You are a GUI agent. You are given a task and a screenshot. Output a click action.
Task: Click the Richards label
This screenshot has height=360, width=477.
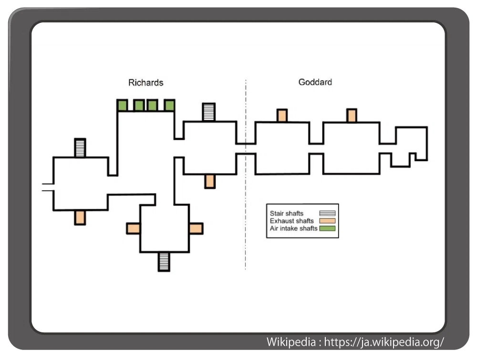(x=145, y=82)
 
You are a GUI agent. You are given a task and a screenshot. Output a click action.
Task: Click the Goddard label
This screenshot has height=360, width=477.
(x=315, y=82)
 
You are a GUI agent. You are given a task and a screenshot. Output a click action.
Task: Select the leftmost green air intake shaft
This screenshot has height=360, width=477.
(x=122, y=105)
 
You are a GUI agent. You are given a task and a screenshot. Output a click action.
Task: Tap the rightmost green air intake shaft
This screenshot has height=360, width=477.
(x=169, y=105)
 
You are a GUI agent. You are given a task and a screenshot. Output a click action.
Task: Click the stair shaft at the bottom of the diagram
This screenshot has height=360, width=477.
(x=164, y=262)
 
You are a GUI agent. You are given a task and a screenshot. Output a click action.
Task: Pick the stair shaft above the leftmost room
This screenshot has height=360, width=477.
(x=80, y=148)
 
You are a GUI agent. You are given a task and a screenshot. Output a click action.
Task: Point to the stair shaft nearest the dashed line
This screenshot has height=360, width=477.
(x=209, y=112)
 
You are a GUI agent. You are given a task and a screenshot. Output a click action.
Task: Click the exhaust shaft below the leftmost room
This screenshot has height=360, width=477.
(x=80, y=217)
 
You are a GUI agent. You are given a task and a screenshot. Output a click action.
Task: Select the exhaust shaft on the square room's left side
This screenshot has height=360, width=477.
(x=133, y=228)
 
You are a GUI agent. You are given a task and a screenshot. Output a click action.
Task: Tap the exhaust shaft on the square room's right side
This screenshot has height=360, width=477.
(x=196, y=228)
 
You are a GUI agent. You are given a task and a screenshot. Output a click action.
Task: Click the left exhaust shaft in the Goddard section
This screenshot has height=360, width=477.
(x=282, y=115)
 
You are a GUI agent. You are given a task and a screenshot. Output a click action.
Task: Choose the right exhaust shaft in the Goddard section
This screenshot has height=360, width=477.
(x=352, y=115)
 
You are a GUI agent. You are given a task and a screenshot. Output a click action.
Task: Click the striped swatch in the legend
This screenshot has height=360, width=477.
(x=327, y=214)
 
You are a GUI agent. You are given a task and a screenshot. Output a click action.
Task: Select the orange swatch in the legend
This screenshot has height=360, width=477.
(x=327, y=221)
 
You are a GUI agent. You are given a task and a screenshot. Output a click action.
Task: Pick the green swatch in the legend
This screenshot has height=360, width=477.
(x=327, y=228)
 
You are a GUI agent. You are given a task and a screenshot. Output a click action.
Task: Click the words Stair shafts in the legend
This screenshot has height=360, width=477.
(x=287, y=214)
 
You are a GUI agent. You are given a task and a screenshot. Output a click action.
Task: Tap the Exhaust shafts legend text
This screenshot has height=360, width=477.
(x=292, y=221)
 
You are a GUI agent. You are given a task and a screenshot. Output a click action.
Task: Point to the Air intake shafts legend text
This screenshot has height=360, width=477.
(x=293, y=228)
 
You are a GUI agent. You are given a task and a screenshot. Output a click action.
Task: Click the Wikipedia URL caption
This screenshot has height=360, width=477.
(x=355, y=342)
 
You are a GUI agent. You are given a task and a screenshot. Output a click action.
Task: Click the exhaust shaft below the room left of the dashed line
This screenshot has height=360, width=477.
(x=210, y=182)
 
